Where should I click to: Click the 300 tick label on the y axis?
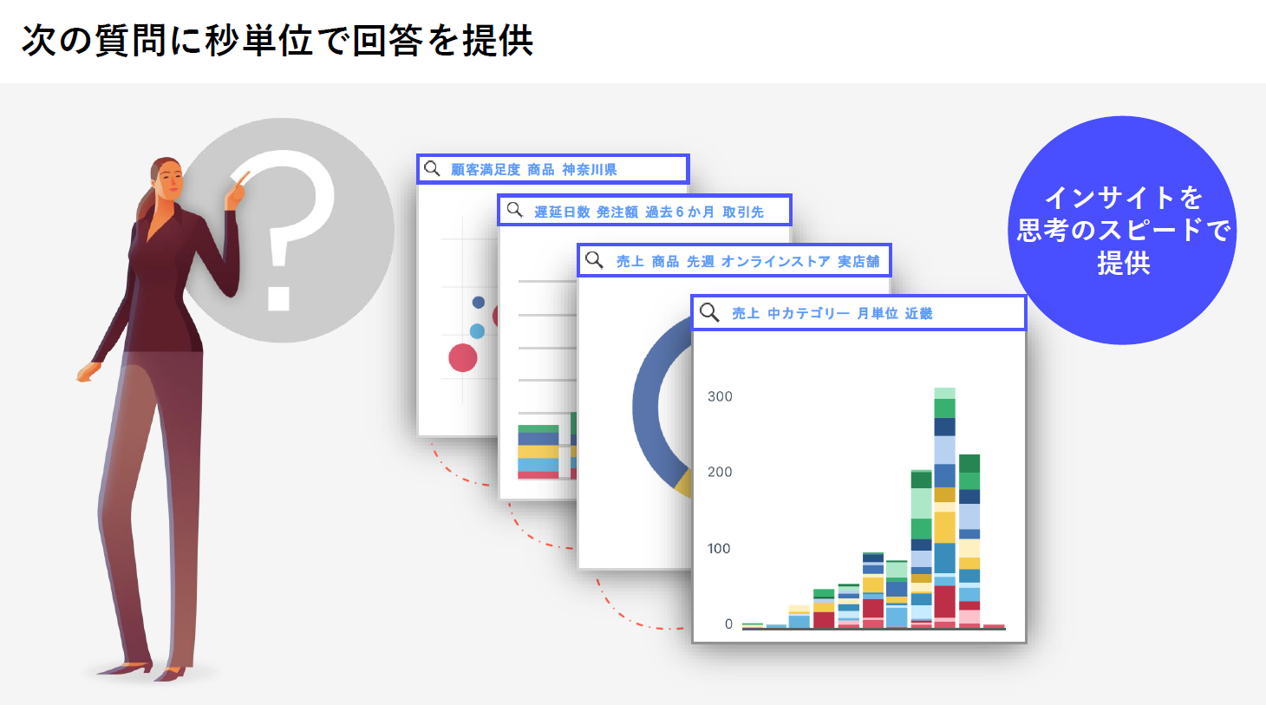[x=720, y=396]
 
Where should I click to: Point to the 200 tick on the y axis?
[x=720, y=472]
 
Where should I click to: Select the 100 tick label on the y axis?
[x=719, y=548]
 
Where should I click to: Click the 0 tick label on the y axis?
[x=728, y=623]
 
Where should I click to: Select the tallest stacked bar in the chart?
[x=944, y=507]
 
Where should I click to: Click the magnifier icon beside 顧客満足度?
[x=432, y=168]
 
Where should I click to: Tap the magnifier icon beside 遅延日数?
[x=514, y=210]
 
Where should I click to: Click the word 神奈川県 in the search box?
[x=589, y=170]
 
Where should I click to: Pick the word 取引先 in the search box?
[x=743, y=212]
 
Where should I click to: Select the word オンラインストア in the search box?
[x=775, y=262]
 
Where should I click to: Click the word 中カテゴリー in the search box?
[x=808, y=313]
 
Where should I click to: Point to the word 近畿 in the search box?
[x=918, y=313]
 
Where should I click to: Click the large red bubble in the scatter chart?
[x=463, y=358]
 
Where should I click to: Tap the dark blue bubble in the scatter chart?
[x=479, y=303]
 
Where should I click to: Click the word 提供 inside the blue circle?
[x=1124, y=263]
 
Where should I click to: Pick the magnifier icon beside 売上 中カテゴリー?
[x=709, y=312]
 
